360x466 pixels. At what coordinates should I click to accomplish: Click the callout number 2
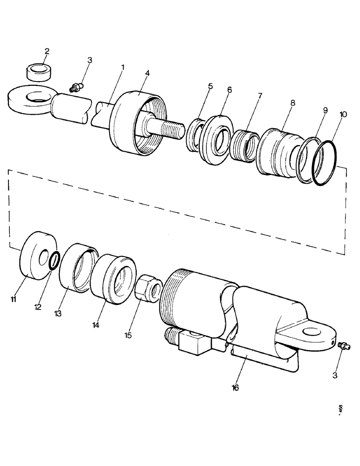47,51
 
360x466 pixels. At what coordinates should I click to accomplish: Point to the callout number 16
235,387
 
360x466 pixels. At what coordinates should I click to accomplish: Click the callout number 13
58,314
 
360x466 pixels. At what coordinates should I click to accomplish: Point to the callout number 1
123,68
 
